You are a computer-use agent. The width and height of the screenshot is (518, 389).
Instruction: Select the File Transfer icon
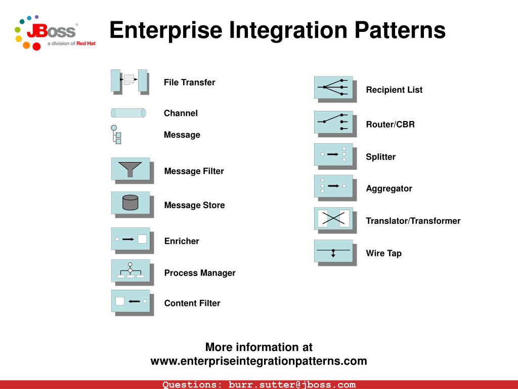[x=129, y=81]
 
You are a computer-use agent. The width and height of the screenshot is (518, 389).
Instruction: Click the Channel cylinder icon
[x=128, y=113]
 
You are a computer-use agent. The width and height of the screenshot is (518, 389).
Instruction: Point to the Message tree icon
[x=116, y=134]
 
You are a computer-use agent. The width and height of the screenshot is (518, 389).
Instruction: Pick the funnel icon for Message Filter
[x=131, y=169]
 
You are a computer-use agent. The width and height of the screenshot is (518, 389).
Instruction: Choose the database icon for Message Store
[x=131, y=203]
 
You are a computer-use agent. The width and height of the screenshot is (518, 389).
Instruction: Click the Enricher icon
[x=131, y=239]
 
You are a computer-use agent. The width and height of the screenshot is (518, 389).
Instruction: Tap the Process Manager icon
[x=131, y=271]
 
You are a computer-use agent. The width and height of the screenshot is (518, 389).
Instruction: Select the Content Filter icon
[x=131, y=301]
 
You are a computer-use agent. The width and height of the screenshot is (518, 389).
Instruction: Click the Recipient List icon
[x=333, y=88]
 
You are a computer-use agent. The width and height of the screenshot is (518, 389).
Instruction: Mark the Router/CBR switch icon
[x=333, y=122]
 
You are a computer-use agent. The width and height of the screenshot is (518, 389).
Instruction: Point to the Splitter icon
[x=333, y=154]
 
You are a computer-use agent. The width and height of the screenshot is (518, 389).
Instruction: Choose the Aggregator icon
[x=333, y=186]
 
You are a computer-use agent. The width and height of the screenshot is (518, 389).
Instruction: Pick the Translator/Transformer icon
[x=333, y=218]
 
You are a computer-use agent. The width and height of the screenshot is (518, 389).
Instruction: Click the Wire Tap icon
[x=333, y=251]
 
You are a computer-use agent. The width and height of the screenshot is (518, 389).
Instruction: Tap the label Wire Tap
[x=383, y=253]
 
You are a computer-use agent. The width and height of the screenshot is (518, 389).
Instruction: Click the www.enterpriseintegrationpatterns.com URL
[x=258, y=361]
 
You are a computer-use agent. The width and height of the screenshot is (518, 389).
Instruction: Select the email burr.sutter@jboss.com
[x=292, y=385]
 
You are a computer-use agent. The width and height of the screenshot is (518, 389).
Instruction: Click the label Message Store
[x=194, y=205]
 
